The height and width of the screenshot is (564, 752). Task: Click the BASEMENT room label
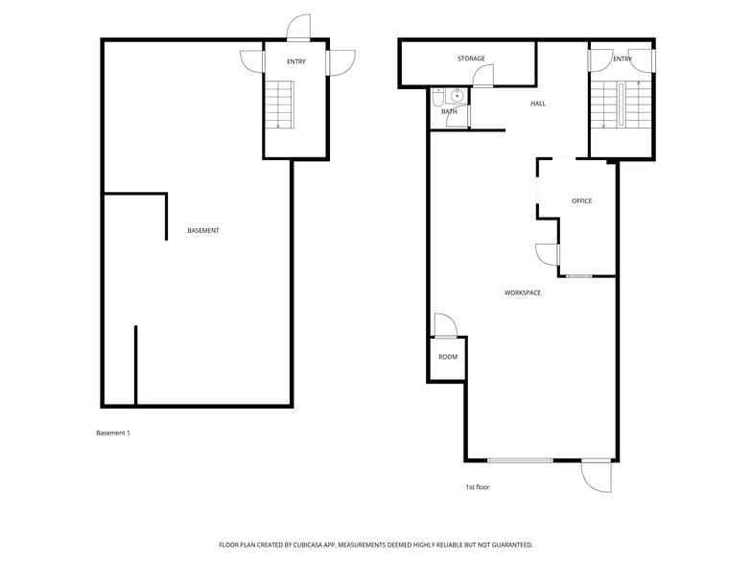click(x=203, y=230)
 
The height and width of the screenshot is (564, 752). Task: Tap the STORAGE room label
click(x=471, y=59)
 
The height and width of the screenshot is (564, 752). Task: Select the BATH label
click(x=449, y=111)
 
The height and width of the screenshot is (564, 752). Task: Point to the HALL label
click(x=538, y=104)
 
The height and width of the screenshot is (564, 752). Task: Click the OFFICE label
click(x=581, y=200)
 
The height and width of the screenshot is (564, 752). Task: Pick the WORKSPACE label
click(x=523, y=293)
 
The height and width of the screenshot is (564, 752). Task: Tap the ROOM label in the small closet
click(x=448, y=357)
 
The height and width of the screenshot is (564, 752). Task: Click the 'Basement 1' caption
click(x=112, y=433)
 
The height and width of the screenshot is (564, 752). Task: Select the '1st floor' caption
click(x=478, y=487)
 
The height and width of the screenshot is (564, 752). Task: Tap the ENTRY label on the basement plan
click(x=295, y=62)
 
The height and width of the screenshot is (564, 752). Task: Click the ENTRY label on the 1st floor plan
click(x=623, y=59)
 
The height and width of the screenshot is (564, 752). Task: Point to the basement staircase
click(x=279, y=105)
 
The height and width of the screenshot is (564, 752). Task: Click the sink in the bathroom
click(x=458, y=95)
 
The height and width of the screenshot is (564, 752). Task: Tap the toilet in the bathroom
click(x=438, y=96)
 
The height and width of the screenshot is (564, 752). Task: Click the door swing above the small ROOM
click(x=445, y=325)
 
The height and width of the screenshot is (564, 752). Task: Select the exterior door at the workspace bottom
click(x=596, y=475)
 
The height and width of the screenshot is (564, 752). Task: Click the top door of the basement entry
click(x=299, y=27)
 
